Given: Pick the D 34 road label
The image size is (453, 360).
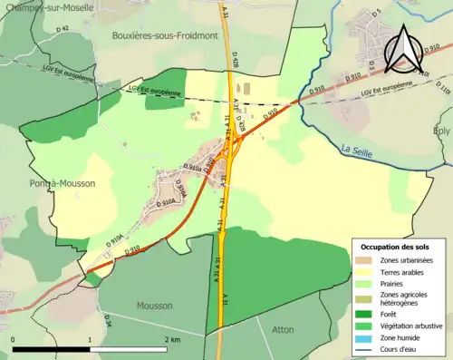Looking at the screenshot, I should [x=107, y=319].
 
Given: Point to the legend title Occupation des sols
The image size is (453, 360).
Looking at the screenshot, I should [x=396, y=247].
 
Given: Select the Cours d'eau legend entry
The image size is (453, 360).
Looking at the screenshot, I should [x=396, y=348].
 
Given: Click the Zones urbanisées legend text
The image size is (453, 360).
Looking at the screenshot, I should [x=396, y=260].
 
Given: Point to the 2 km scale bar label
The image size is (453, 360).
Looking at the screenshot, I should [x=173, y=339].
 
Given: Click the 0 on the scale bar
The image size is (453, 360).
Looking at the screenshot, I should [x=14, y=339].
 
